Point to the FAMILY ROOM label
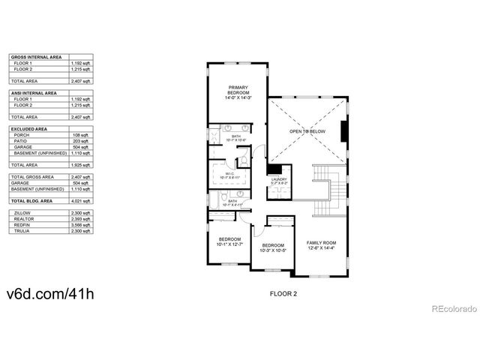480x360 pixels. [321, 243]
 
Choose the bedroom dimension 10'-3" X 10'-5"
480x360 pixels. [272, 250]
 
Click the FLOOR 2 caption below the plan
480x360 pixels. [283, 294]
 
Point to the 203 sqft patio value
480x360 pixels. [82, 142]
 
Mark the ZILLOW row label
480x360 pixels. [22, 214]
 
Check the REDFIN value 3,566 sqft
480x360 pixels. [82, 226]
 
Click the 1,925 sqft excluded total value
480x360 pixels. [82, 164]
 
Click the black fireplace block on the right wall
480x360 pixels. [344, 131]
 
